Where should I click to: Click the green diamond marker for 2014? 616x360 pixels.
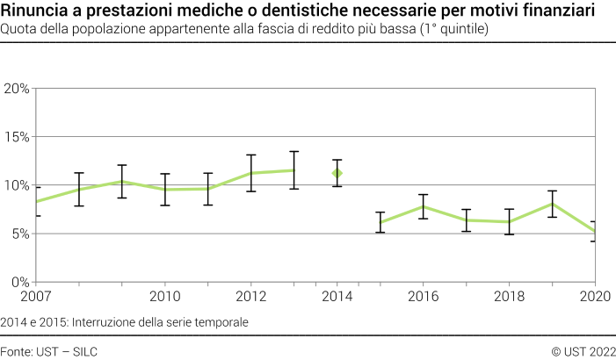tap(337, 173)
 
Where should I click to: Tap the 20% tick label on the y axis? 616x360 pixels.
tap(18, 89)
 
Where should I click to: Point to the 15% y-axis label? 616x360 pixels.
tap(18, 137)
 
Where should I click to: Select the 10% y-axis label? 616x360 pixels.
tap(18, 185)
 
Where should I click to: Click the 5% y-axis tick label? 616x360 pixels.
tap(20, 234)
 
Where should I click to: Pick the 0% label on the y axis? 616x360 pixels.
tap(20, 282)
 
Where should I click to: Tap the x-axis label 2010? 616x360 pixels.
tap(164, 296)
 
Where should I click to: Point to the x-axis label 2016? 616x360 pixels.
tap(424, 296)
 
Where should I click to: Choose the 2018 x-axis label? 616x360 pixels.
tap(510, 296)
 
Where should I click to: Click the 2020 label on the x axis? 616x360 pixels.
tap(596, 296)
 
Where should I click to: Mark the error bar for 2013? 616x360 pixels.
tap(294, 170)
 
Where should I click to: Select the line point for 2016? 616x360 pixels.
tap(424, 206)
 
